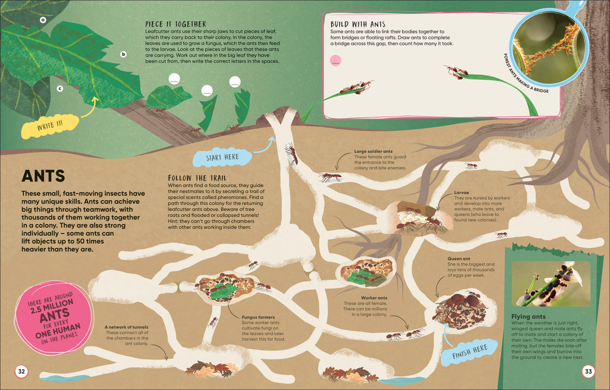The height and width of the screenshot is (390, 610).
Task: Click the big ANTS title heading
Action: click(x=43, y=176)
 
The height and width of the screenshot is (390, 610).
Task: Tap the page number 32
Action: click(x=21, y=372)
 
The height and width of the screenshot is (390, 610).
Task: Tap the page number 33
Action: click(x=588, y=372)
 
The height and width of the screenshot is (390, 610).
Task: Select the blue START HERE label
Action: click(x=222, y=158)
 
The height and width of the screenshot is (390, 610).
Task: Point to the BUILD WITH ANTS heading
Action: click(x=357, y=24)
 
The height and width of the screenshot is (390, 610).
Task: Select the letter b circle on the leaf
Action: click(x=123, y=54)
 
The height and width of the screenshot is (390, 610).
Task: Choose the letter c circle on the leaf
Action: click(x=60, y=89)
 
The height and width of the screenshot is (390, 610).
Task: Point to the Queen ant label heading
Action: click(x=459, y=258)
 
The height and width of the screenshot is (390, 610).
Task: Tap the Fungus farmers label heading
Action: click(x=259, y=317)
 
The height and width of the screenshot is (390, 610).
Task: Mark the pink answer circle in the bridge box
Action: click(x=335, y=60)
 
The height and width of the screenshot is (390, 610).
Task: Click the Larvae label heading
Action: click(x=444, y=192)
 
